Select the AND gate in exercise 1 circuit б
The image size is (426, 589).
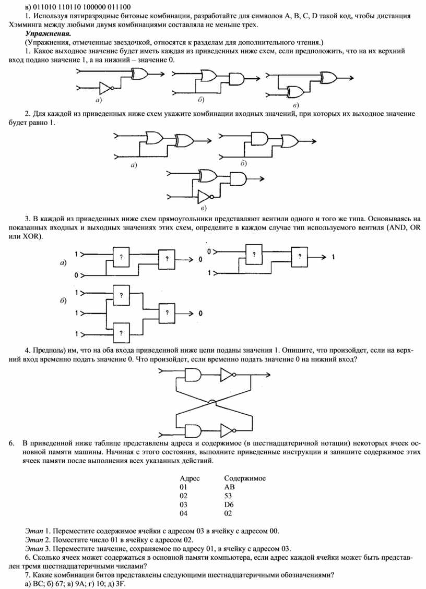(236, 79)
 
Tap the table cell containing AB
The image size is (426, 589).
(229, 487)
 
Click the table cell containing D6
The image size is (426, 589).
(229, 504)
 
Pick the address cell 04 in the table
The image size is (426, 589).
(183, 513)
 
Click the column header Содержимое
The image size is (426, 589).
(245, 478)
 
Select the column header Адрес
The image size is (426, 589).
(190, 478)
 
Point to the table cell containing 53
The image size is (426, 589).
(228, 496)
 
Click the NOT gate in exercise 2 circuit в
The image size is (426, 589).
(206, 196)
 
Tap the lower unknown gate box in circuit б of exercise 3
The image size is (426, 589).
(121, 333)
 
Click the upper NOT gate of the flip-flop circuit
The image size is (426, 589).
(228, 374)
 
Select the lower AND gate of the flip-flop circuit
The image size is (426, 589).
(193, 431)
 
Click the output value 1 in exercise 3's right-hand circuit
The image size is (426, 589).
(333, 257)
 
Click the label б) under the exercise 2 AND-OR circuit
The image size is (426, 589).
(243, 163)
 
